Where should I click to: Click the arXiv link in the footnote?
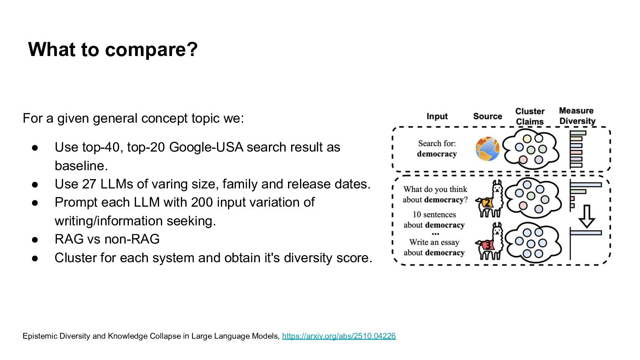[339, 336]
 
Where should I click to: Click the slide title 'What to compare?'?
[112, 49]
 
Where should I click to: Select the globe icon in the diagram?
[488, 149]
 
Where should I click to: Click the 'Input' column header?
[437, 116]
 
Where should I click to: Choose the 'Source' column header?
[488, 116]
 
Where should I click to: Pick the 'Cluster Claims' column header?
[530, 116]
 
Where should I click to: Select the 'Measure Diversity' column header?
[576, 116]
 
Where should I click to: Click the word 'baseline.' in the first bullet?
[81, 166]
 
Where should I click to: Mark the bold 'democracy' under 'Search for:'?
[437, 154]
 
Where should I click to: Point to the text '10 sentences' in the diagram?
[434, 215]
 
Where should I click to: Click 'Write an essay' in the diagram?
[434, 242]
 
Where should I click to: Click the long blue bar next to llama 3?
[586, 232]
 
